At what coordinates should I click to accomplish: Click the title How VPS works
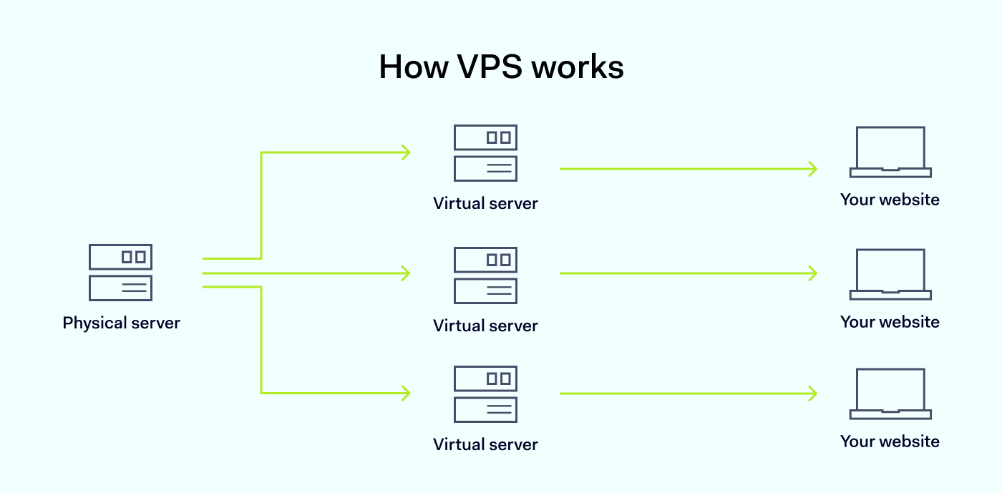click(501, 67)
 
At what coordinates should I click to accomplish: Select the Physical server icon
click(120, 273)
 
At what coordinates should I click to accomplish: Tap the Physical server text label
click(121, 323)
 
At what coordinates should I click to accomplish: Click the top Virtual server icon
click(485, 153)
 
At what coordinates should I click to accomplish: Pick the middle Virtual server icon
click(485, 275)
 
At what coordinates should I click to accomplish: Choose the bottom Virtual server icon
click(485, 394)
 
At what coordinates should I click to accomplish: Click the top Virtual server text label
click(485, 203)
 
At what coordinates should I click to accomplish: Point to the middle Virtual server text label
click(485, 326)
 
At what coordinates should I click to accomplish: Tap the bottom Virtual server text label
click(485, 444)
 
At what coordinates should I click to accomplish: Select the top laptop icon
click(890, 152)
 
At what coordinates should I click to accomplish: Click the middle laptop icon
click(890, 274)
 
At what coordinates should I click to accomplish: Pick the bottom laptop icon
click(890, 394)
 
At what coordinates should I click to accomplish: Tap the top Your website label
click(890, 200)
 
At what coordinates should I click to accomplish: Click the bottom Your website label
click(890, 441)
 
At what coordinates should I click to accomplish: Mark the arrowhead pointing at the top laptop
click(813, 169)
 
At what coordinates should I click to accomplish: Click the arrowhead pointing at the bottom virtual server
click(406, 393)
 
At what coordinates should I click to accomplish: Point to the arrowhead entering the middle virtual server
click(406, 273)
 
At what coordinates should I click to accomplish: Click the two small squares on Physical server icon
click(133, 256)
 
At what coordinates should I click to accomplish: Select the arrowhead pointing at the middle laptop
click(813, 273)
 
